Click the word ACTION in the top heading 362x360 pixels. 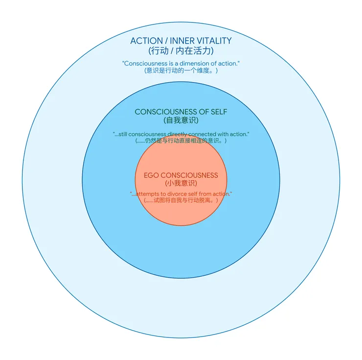147,41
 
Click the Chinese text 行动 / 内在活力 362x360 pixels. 181,50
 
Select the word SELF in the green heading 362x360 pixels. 219,112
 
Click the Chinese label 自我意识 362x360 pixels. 181,120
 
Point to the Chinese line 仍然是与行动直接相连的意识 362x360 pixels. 181,141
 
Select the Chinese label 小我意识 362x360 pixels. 181,183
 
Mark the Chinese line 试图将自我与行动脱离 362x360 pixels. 181,200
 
